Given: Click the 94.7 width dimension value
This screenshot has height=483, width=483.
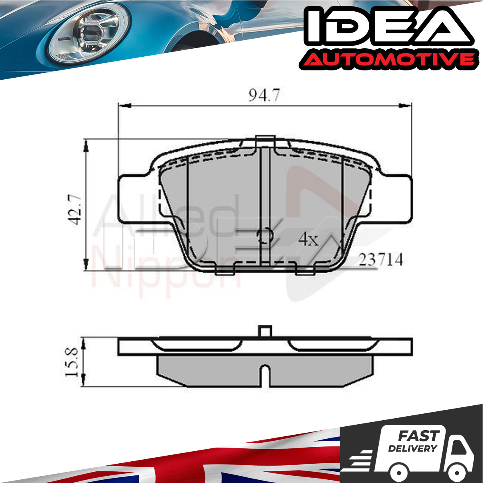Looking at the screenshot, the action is point(263,95).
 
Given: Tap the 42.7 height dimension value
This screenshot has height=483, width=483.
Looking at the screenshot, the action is point(74,210).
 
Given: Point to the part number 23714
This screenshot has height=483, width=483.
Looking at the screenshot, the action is point(381,260).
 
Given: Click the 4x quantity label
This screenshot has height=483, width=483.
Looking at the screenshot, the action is point(309,239).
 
